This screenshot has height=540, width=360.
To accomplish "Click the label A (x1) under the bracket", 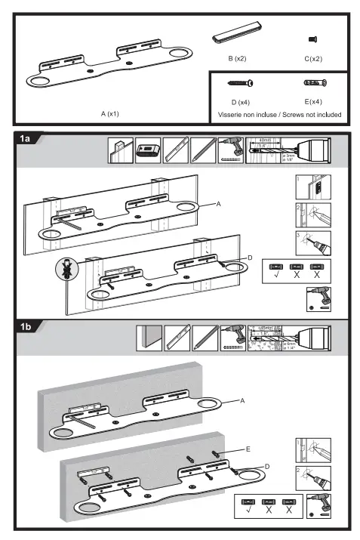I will point(110,113).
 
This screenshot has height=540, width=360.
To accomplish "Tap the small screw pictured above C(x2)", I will point(313,38).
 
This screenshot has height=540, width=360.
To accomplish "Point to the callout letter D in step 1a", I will point(249,258).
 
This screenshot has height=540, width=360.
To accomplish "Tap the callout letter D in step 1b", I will point(266,467).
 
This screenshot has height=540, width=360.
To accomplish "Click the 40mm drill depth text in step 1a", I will point(264,140).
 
